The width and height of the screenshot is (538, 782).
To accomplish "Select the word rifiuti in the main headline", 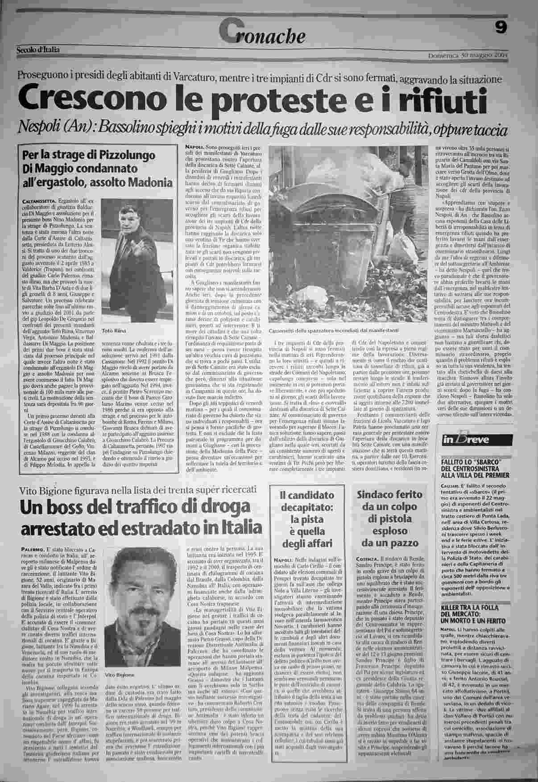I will click(x=440, y=101).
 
